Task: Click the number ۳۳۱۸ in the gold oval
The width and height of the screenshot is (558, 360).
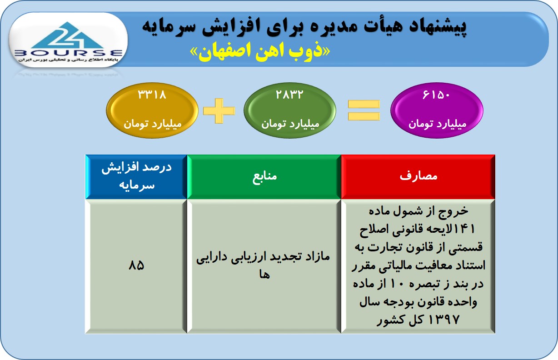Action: pyautogui.click(x=152, y=95)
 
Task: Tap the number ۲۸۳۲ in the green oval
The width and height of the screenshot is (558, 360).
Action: pyautogui.click(x=289, y=95)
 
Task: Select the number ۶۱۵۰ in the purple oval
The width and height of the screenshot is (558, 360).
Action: pyautogui.click(x=436, y=95)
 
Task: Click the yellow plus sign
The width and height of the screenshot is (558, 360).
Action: pyautogui.click(x=219, y=110)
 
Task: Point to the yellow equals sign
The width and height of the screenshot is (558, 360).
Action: pyautogui.click(x=364, y=110)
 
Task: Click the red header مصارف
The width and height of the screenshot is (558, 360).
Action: pyautogui.click(x=418, y=176)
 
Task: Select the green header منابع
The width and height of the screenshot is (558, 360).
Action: pyautogui.click(x=264, y=177)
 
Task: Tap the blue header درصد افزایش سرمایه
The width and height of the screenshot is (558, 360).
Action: pyautogui.click(x=136, y=176)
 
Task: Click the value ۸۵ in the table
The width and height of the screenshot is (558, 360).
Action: pyautogui.click(x=136, y=265)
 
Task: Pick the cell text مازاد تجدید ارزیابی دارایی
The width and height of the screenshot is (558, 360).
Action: pyautogui.click(x=263, y=257)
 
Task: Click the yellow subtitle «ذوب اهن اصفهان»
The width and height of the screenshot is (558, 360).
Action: pyautogui.click(x=260, y=52)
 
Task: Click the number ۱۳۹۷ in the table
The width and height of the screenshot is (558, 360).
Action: pyautogui.click(x=443, y=320)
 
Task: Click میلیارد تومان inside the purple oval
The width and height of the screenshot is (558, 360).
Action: pyautogui.click(x=437, y=124)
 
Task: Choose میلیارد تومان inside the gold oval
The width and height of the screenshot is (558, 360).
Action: pyautogui.click(x=153, y=124)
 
